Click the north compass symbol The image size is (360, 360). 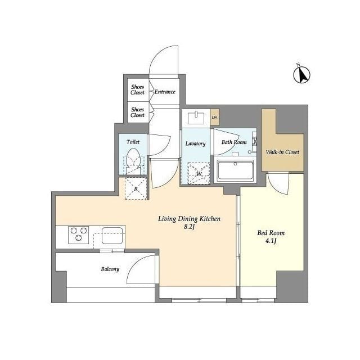301,74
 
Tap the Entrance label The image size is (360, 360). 165,92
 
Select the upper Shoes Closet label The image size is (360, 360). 137,90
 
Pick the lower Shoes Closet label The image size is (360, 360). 137,112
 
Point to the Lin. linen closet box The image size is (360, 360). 215,117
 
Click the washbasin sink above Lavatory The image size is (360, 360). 196,118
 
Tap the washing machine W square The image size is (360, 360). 199,173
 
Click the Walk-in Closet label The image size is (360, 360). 282,152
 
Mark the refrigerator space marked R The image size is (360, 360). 136,188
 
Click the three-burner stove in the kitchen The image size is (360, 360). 79,235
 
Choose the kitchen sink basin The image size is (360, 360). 112,235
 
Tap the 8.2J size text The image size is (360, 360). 189,227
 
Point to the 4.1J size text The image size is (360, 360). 271,241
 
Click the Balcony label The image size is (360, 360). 110,269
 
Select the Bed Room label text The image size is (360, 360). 271,233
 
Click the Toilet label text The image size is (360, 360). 133,142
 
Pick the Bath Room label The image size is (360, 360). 234,142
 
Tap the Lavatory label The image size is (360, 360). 195,144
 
